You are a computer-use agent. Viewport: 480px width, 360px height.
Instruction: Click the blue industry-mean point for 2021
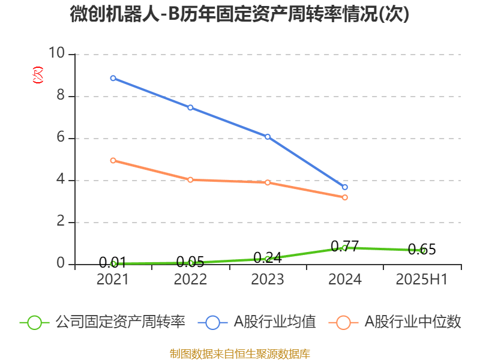tap(113, 78)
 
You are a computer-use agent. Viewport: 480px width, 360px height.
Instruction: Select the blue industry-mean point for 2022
tap(190, 107)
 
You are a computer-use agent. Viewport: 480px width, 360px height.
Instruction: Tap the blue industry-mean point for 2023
tap(268, 137)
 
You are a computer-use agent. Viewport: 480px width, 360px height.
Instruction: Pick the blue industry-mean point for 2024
tap(345, 187)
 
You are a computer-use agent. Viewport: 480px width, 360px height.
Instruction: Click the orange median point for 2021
tap(113, 160)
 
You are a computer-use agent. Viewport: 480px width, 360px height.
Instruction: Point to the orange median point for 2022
tap(190, 179)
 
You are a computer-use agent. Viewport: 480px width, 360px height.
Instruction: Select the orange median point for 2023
tap(268, 182)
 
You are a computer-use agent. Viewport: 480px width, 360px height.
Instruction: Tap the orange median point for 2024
tap(345, 197)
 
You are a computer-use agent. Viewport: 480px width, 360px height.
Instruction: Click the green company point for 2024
tap(344, 247)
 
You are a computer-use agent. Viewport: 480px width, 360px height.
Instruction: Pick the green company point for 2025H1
tap(422, 250)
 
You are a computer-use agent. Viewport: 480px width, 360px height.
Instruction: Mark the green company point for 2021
tap(113, 263)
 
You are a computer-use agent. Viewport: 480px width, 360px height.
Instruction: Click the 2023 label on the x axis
tap(268, 280)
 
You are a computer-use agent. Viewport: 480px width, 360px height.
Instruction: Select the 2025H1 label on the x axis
tap(422, 280)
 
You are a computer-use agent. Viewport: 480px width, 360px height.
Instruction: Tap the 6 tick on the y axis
tap(60, 138)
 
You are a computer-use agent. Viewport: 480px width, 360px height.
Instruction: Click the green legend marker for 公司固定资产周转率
tap(34, 322)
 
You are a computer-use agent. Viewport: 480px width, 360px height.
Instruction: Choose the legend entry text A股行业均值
tap(275, 322)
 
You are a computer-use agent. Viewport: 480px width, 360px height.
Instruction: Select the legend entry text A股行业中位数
tap(413, 322)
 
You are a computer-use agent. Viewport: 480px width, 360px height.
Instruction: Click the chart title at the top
tap(239, 14)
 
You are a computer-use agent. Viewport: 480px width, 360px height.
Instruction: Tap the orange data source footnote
tap(239, 353)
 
